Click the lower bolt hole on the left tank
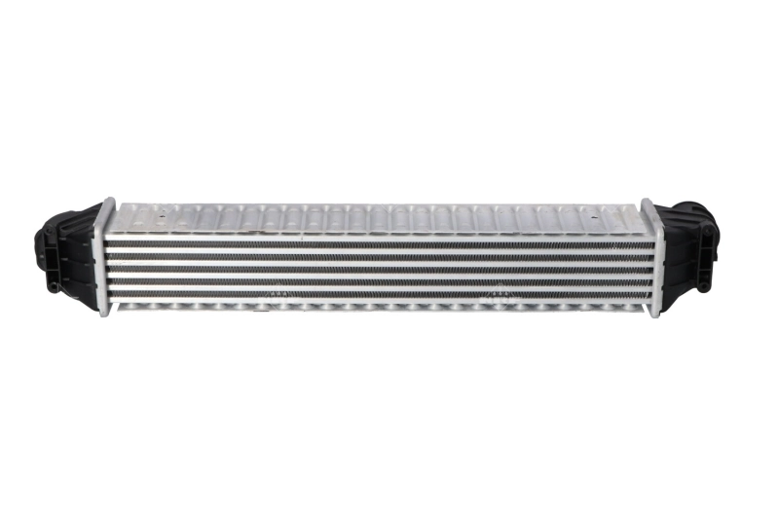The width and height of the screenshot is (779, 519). click(x=50, y=286)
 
